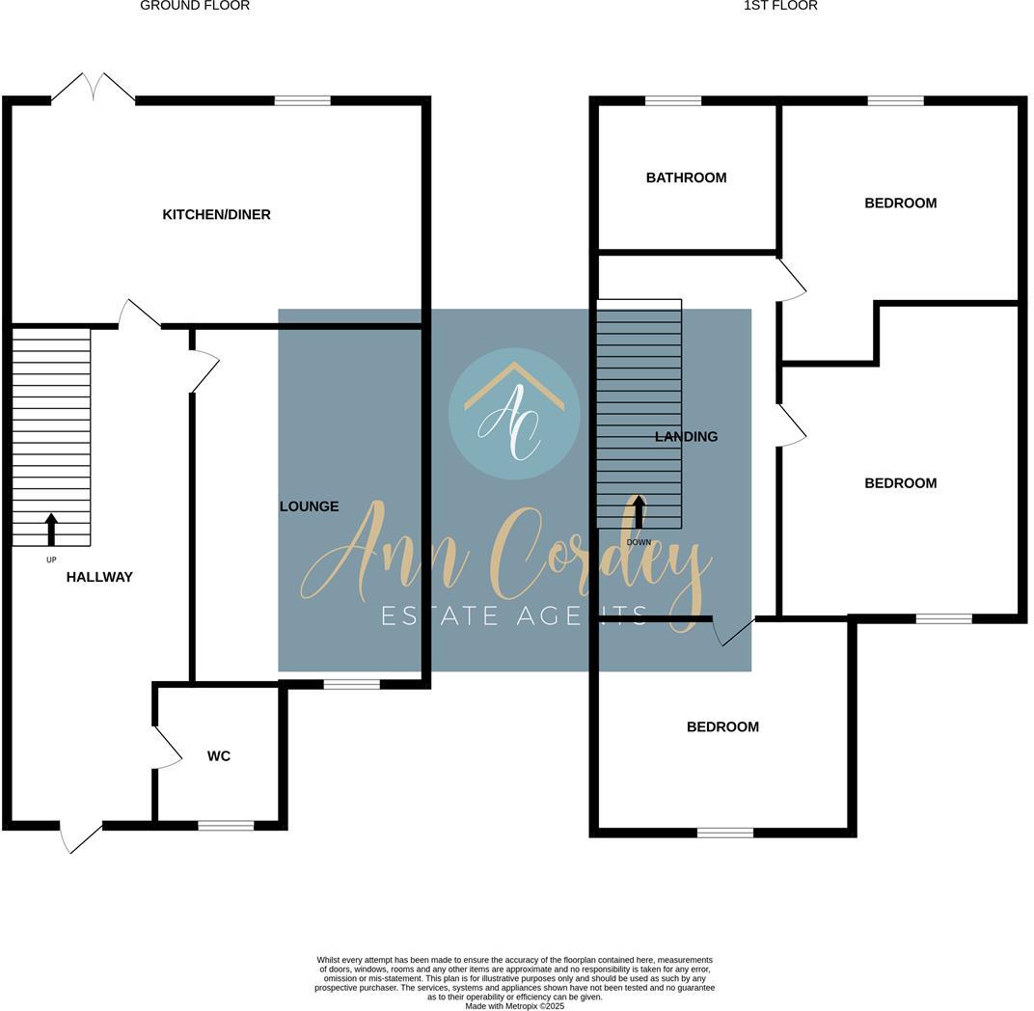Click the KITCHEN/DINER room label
coord(216,214)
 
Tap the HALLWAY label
coord(99,577)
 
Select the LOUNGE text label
coord(309,506)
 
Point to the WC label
coord(219,756)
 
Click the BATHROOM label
coord(686,178)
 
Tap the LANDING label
coord(686,437)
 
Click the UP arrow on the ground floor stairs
coord(51,530)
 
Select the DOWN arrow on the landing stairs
coord(639,511)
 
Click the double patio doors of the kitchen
coord(93,89)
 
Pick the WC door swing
coord(168,748)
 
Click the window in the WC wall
coord(226,825)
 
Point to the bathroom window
coord(672,100)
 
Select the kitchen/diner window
coord(302,100)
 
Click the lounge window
coord(351,684)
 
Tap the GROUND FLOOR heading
coord(195,6)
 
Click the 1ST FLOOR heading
coord(780,6)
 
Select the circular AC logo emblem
coord(514,413)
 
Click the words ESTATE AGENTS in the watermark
coord(514,615)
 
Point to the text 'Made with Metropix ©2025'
coord(514,1006)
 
